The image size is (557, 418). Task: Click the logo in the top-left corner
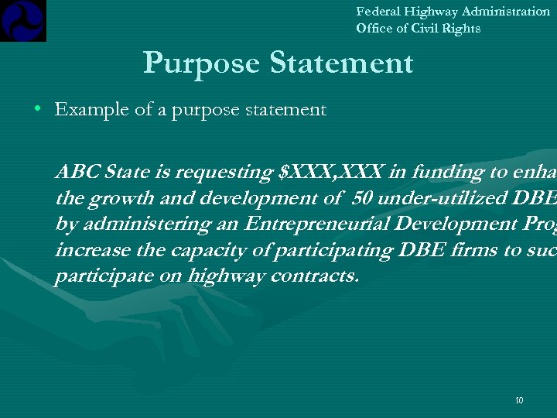pos(23,20)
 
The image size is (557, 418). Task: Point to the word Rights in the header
pos(462,29)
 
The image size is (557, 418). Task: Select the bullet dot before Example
pos(37,110)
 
